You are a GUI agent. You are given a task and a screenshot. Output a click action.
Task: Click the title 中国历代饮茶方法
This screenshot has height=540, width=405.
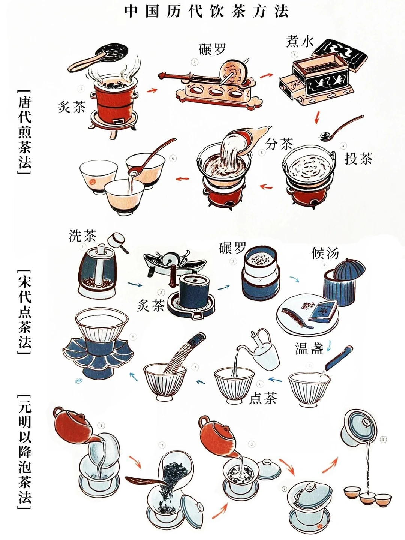point(206,12)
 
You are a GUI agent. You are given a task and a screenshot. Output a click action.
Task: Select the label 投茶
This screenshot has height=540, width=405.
point(358,158)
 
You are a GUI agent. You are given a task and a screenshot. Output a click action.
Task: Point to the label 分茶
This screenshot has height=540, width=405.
point(279,144)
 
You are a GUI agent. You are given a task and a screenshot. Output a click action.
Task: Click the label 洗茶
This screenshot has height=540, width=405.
point(82,235)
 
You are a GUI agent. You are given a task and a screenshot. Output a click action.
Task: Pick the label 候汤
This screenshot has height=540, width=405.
point(325,253)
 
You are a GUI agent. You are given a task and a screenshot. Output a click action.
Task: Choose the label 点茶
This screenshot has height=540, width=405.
point(263,398)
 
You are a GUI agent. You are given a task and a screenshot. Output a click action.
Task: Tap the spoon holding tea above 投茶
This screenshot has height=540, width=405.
point(341,128)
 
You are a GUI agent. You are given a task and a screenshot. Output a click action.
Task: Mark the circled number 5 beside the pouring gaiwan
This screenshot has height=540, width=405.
point(383,439)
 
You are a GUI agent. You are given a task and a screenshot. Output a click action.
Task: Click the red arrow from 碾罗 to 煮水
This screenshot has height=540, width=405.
point(266,75)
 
